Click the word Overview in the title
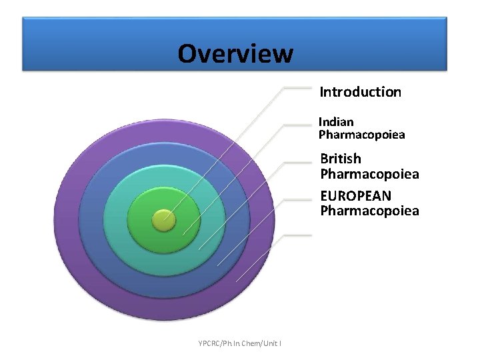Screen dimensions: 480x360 (x=235, y=53)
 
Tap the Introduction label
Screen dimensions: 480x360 (x=360, y=92)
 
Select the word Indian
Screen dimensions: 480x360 (x=336, y=122)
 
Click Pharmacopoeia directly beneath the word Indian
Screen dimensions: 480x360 (x=361, y=135)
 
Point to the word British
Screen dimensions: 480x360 (x=341, y=159)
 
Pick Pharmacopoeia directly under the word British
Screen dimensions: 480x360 (x=369, y=175)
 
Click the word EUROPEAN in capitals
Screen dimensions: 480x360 (x=355, y=196)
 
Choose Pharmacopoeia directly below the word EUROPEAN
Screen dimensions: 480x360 (x=369, y=211)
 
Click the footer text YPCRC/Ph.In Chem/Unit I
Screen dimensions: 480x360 (x=239, y=343)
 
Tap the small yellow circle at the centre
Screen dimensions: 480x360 (x=163, y=219)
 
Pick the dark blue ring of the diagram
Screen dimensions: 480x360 (x=93, y=220)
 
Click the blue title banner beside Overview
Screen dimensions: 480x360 (x=373, y=43)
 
